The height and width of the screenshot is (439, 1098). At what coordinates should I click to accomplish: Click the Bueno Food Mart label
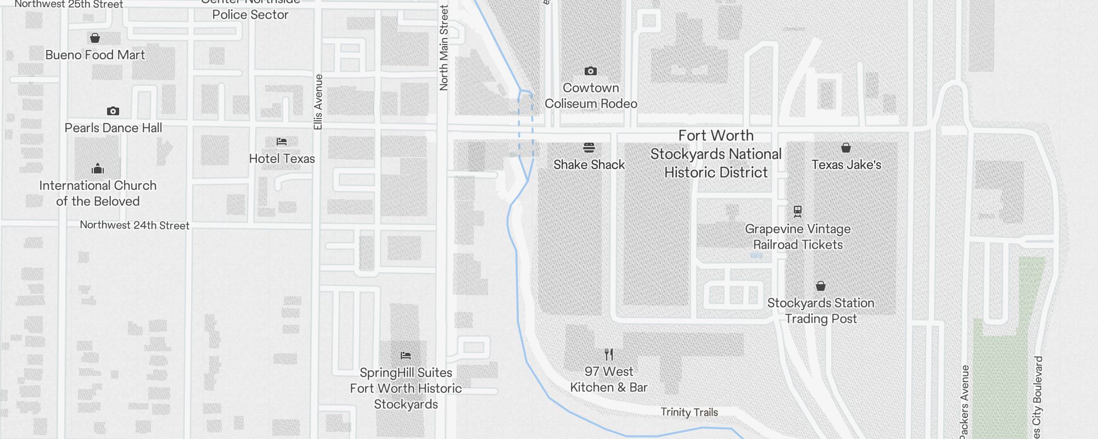tap(95, 55)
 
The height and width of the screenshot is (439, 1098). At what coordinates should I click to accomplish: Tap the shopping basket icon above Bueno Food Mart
tap(95, 38)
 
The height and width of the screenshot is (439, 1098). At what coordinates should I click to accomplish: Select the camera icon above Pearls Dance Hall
tap(113, 111)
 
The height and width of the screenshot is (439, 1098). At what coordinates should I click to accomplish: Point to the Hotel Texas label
tap(282, 159)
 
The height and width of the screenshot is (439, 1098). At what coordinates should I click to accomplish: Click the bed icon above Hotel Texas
tap(282, 142)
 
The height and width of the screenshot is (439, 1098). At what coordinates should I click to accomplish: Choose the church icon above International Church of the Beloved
tap(98, 168)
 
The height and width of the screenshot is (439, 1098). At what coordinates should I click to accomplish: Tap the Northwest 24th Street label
tap(135, 225)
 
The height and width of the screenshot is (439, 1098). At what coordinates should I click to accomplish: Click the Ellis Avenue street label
tap(318, 102)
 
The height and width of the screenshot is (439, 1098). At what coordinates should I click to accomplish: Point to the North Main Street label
tap(444, 48)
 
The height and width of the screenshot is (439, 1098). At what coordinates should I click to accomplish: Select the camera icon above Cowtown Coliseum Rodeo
tap(591, 71)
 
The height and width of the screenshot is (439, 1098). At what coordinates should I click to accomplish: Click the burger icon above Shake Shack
tap(589, 147)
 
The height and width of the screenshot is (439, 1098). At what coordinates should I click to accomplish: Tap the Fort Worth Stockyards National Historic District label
tap(716, 154)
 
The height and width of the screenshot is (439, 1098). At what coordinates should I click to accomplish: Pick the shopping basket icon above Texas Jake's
tap(846, 148)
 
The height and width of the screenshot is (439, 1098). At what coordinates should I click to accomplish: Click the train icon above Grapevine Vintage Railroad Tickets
tap(798, 211)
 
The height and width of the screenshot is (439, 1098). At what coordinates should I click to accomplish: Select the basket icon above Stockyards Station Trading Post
tap(820, 286)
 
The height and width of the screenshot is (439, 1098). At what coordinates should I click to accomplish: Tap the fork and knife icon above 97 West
tap(608, 354)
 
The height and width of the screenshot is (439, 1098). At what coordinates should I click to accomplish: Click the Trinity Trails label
tap(689, 412)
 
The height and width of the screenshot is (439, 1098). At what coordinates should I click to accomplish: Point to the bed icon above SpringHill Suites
tap(406, 356)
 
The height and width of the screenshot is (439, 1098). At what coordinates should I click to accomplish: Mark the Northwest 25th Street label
tap(69, 4)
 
